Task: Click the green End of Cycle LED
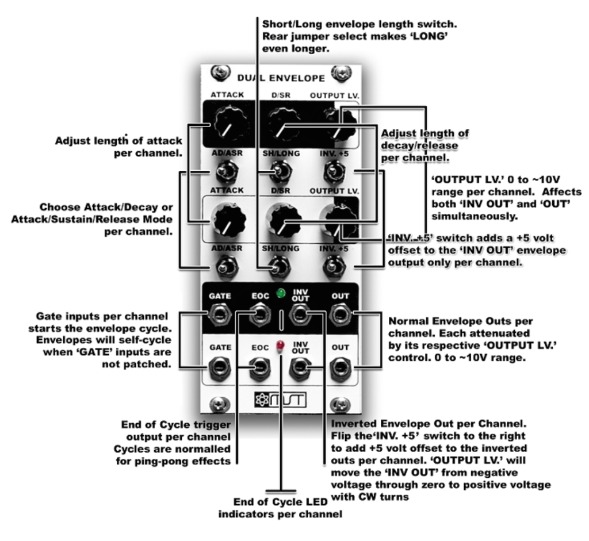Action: [x=281, y=293]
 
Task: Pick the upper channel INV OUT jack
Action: [x=300, y=314]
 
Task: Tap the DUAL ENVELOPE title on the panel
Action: [x=281, y=78]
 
